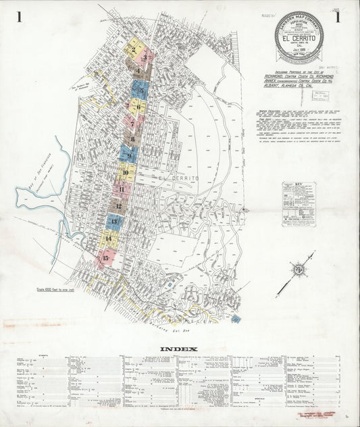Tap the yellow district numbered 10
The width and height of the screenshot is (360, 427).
click(x=126, y=173)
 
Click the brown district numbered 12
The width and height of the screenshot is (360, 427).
click(x=119, y=205)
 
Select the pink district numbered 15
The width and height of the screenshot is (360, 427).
click(x=105, y=257)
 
